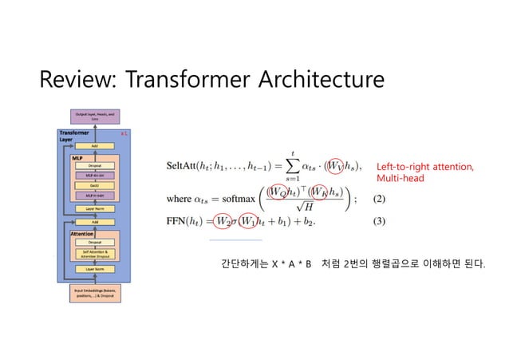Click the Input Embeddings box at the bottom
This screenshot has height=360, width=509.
point(95,293)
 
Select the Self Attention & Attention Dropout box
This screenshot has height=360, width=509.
point(95,254)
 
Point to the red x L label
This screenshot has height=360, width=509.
point(124,133)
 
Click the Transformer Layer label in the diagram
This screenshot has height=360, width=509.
point(72,135)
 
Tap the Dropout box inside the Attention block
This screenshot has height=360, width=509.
point(95,240)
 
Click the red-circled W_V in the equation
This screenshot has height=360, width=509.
point(338,165)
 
